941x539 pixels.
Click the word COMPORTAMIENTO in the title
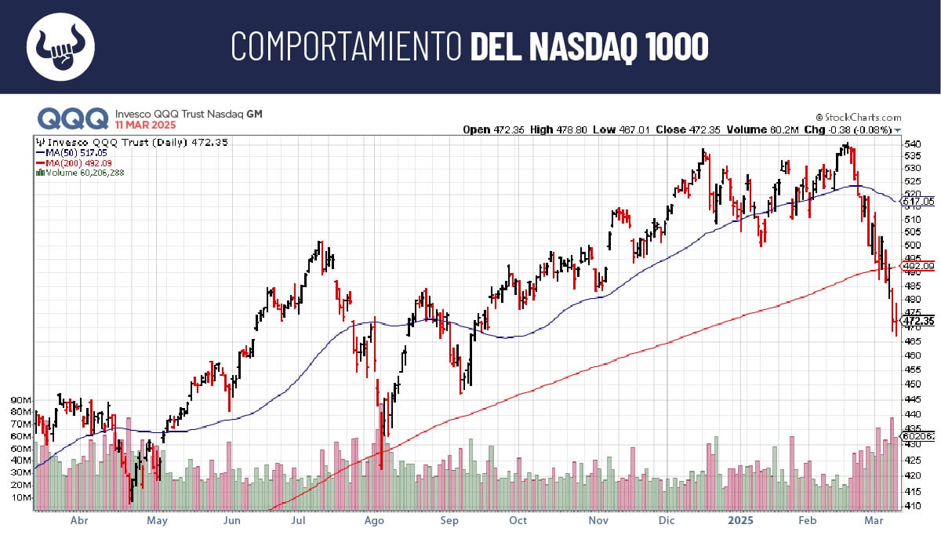(345, 47)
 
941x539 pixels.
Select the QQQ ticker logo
(73, 118)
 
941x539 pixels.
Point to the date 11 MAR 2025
(146, 125)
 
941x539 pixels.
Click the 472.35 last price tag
(918, 321)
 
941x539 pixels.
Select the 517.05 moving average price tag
(918, 201)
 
